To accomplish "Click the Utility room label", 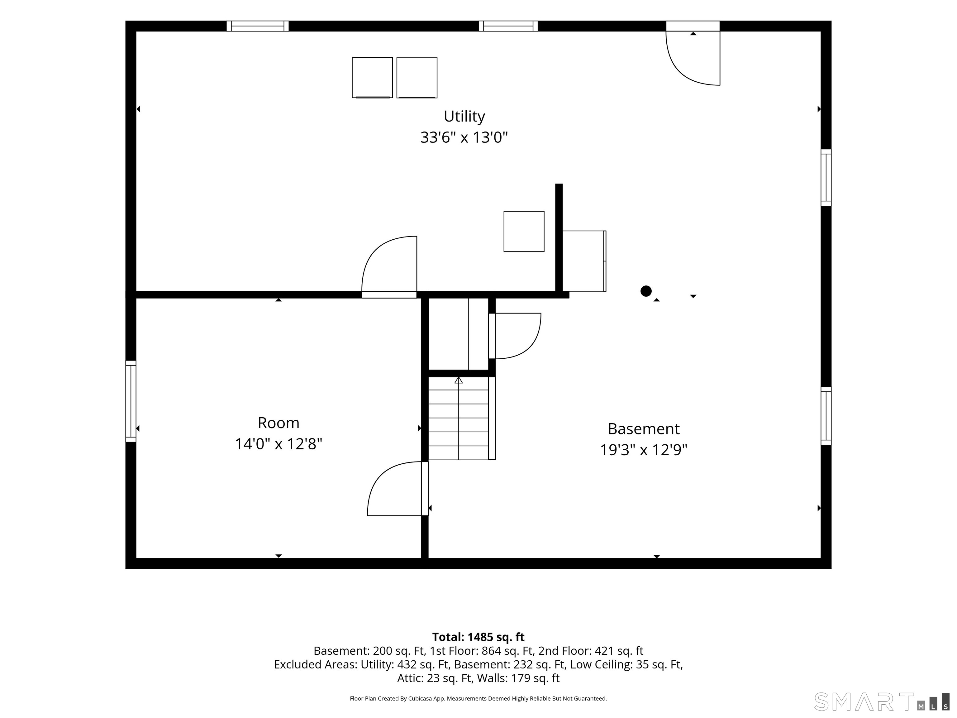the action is point(464,117).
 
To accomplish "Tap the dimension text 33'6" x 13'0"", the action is point(464,138).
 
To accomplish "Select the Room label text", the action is point(279,423).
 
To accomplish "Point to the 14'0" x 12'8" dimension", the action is point(279,444).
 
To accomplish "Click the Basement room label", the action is point(644,429).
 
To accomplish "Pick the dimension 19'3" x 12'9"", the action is point(644,450).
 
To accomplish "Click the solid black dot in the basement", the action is point(646,291).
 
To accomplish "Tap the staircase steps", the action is point(459,418).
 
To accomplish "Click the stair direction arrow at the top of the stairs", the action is point(459,381).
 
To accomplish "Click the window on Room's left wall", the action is point(131,401).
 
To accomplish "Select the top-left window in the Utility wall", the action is point(257,26).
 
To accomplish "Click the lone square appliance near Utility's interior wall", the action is point(524,232).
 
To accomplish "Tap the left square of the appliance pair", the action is point(372,78).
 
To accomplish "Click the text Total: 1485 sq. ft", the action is point(478,637).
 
